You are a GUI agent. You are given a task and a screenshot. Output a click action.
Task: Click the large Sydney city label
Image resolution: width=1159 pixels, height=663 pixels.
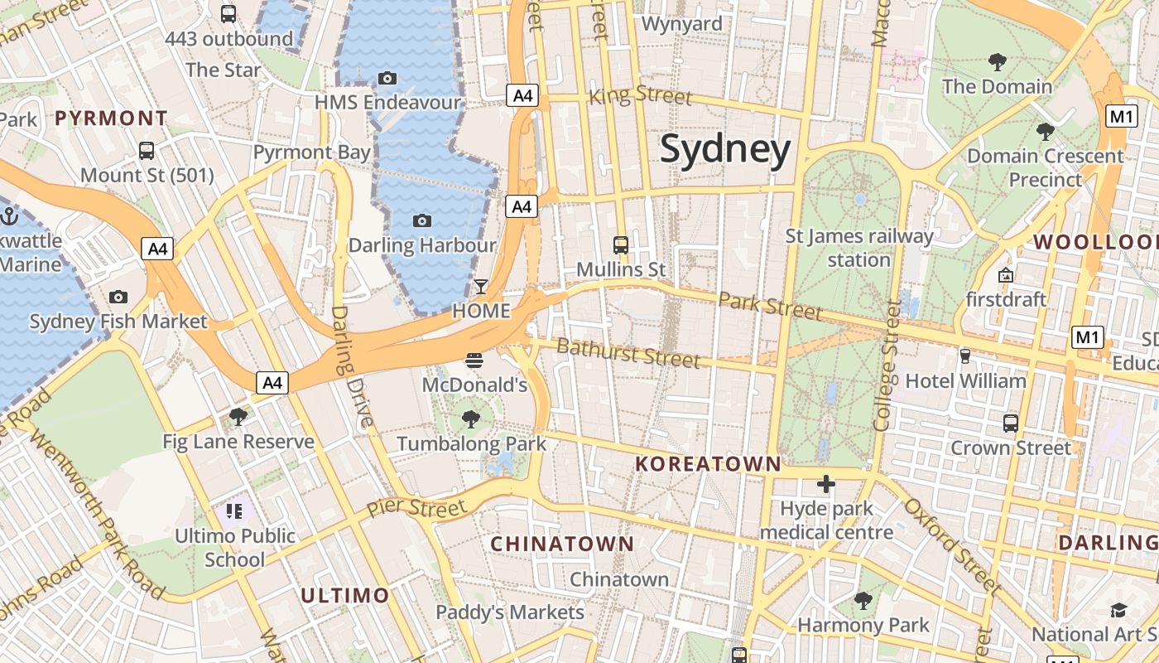pos(725,150)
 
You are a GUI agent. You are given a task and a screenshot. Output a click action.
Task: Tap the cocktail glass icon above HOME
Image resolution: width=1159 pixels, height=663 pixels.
pos(480,287)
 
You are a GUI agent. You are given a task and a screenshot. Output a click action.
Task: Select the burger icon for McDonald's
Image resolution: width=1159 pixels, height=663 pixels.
pos(474,361)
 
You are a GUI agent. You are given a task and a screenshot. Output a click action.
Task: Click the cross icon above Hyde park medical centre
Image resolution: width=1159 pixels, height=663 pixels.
pos(825,484)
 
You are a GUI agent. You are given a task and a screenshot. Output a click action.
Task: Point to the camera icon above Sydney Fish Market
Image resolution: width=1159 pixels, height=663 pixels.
pos(118,297)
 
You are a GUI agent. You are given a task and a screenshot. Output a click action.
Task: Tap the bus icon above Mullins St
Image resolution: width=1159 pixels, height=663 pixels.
pos(620,244)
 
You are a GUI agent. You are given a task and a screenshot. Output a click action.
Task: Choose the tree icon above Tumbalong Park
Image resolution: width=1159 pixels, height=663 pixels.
pos(471,419)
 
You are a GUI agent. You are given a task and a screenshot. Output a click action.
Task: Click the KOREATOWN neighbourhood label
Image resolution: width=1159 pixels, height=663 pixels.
pos(708,463)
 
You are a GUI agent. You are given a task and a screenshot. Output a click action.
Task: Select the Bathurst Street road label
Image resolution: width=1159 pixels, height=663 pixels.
pos(628,353)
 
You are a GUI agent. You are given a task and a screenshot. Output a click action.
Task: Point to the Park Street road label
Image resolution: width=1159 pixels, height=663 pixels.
pos(770,306)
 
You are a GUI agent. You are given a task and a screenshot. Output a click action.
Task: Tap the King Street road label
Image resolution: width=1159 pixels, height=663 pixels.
pos(640,95)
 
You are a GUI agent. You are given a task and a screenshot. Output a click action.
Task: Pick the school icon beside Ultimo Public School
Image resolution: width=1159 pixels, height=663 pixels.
pos(234,511)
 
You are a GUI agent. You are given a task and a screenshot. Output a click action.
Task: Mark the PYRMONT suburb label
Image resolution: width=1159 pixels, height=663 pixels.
pos(111,118)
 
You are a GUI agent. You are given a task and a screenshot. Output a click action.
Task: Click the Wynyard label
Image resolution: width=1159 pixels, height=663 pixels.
pos(682,24)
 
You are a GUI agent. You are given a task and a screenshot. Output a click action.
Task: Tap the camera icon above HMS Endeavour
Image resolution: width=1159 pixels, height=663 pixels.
pos(387,78)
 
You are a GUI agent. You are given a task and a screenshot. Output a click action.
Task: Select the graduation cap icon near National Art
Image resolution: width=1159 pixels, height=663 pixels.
pos(1118,610)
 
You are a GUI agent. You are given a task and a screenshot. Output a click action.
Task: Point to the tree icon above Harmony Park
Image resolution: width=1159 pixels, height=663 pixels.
pos(863,600)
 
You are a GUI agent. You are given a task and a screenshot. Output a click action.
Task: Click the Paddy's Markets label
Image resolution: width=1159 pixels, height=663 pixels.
pos(510,612)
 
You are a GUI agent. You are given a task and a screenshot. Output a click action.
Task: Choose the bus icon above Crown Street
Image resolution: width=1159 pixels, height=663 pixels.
pos(1010,423)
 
